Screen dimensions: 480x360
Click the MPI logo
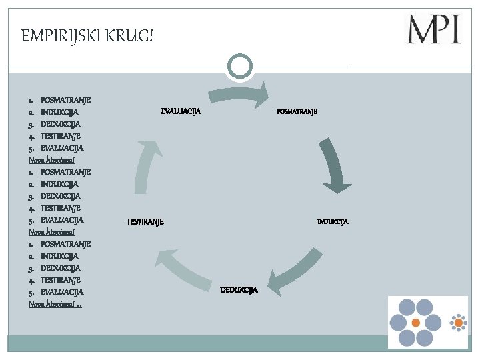coord(433,29)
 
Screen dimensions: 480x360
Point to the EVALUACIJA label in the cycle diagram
coord(181,111)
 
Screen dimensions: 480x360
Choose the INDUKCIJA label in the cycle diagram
coord(332,221)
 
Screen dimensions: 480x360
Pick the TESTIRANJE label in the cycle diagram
coord(145,221)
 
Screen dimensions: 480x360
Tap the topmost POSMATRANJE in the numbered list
coord(65,99)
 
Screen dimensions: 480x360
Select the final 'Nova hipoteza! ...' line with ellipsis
coord(60,303)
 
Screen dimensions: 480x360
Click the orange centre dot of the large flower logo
coord(415,322)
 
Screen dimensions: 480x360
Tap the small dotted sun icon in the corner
coord(458,323)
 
